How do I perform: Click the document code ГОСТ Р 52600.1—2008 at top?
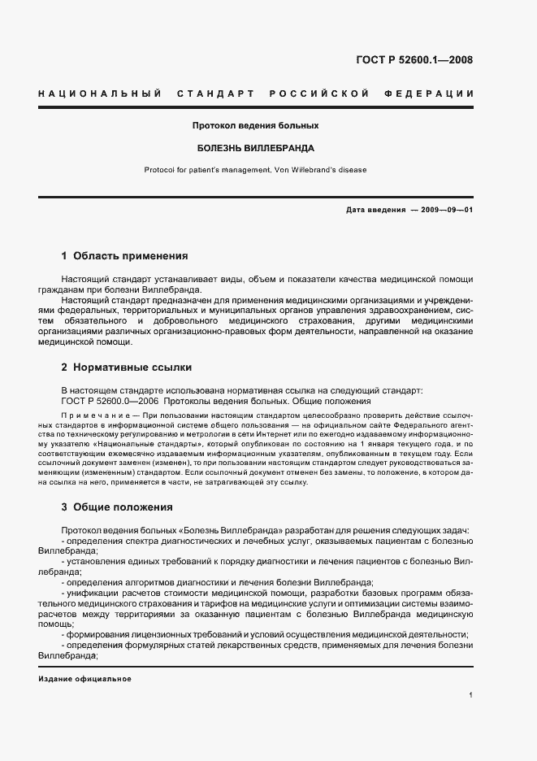tap(414, 59)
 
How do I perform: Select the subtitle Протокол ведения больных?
tap(255, 126)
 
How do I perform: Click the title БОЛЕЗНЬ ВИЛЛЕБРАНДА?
tap(255, 149)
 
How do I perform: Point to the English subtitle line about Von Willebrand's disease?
tap(255, 170)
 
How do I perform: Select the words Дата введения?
tap(375, 210)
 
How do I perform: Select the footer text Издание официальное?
tap(84, 679)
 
